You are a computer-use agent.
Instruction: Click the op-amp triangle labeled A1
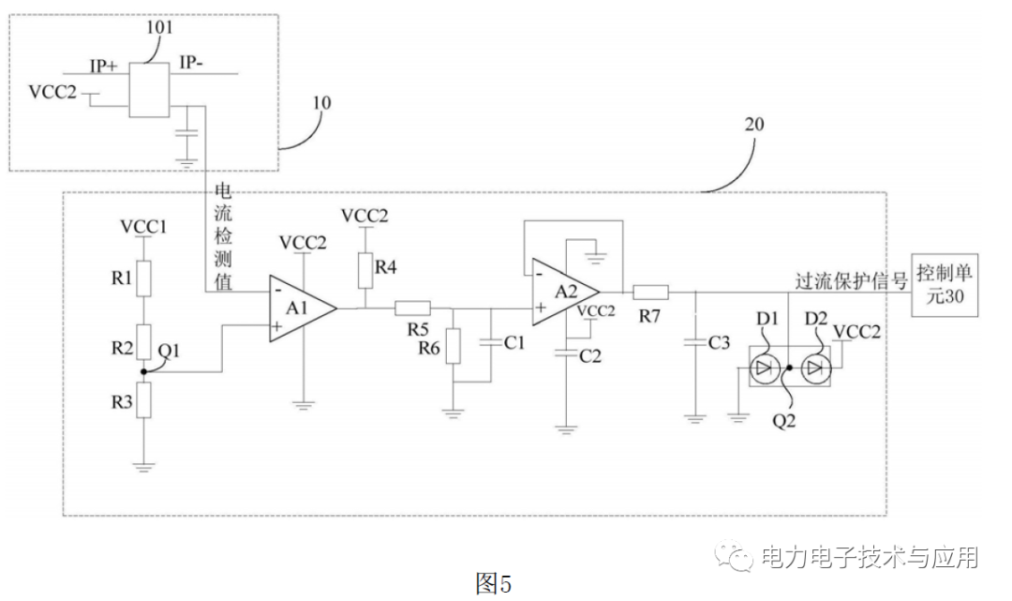click(300, 307)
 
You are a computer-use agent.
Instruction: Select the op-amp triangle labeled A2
click(563, 291)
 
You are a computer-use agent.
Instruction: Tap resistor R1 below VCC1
click(142, 278)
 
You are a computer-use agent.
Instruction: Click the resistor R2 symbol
click(142, 337)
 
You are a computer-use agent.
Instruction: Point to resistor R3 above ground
click(142, 406)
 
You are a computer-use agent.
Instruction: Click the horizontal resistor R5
click(412, 307)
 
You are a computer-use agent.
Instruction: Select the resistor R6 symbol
click(454, 346)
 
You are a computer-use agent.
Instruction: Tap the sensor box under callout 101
click(145, 91)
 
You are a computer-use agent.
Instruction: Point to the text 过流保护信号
click(851, 278)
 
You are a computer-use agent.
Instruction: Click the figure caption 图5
click(494, 583)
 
